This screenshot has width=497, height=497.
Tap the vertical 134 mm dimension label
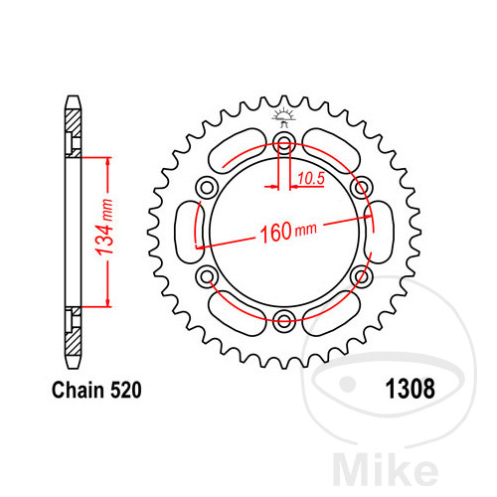(115, 231)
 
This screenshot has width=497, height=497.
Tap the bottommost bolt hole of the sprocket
(284, 318)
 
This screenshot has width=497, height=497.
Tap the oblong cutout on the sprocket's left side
(186, 233)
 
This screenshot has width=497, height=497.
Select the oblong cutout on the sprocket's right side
(382, 233)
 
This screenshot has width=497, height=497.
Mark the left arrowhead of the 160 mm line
(202, 246)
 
